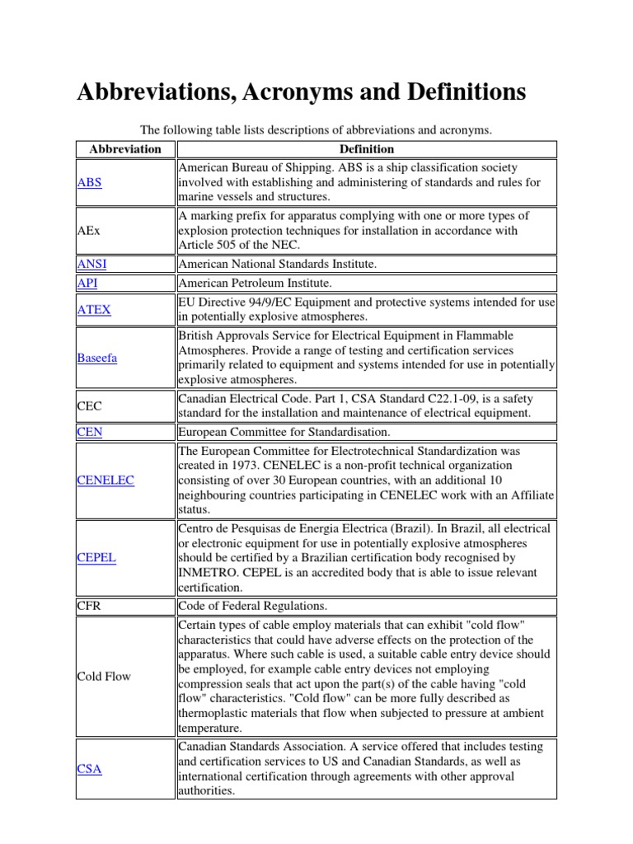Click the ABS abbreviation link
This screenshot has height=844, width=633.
click(89, 183)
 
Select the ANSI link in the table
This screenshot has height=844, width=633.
click(91, 264)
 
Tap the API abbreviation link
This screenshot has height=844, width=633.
click(87, 283)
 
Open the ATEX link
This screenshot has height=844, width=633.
click(93, 310)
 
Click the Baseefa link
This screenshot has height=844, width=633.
click(97, 359)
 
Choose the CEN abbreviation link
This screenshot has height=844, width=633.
click(89, 431)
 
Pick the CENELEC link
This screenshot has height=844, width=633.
click(105, 480)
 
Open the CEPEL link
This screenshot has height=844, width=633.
click(96, 557)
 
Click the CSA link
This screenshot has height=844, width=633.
click(89, 769)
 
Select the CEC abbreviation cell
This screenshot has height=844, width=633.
click(89, 406)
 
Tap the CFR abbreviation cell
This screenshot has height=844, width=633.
click(88, 607)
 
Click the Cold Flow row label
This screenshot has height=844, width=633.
click(104, 677)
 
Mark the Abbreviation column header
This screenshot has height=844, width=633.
click(125, 149)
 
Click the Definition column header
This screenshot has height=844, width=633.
click(367, 149)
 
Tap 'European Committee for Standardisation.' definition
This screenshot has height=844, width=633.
click(283, 431)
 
